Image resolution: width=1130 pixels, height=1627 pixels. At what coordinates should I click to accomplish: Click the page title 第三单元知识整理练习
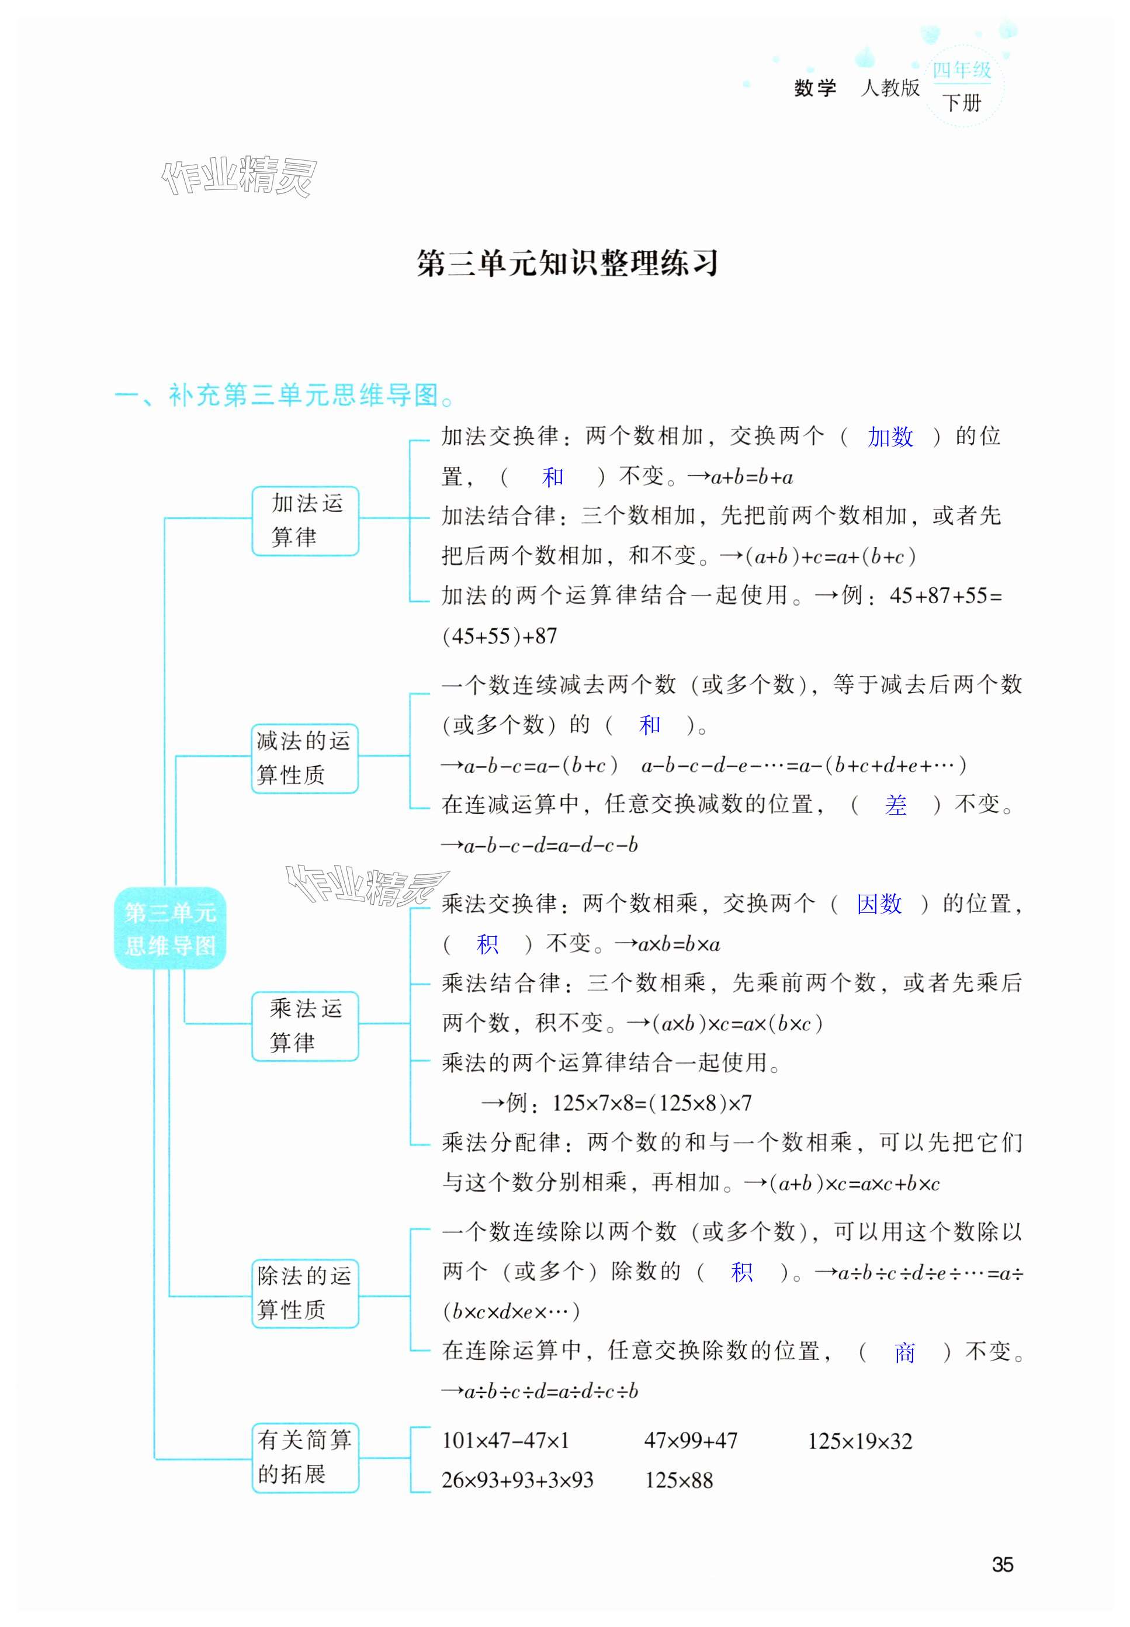(567, 264)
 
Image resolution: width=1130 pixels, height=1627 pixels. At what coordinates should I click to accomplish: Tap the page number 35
(1002, 1564)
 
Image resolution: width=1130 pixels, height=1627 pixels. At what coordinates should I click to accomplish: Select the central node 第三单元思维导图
(170, 927)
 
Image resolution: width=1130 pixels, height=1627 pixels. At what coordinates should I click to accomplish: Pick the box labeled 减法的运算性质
(305, 759)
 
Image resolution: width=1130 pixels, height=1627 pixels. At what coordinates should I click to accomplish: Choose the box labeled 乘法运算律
(305, 1025)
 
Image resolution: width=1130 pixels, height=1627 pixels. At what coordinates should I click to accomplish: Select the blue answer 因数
(879, 903)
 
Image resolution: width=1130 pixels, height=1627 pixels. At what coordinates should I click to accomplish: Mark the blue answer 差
(895, 805)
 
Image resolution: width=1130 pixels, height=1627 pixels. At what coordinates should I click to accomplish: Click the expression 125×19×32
(859, 1441)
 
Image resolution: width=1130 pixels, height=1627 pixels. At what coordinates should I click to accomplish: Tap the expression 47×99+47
(690, 1441)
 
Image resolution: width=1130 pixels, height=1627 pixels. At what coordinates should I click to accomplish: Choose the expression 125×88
(678, 1480)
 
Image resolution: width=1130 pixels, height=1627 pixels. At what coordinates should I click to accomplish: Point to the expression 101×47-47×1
(505, 1441)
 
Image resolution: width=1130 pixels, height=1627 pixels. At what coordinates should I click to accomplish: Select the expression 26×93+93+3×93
(517, 1480)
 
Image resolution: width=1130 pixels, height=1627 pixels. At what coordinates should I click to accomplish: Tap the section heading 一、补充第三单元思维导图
(283, 395)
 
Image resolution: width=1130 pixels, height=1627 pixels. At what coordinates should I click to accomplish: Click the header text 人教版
(890, 88)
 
